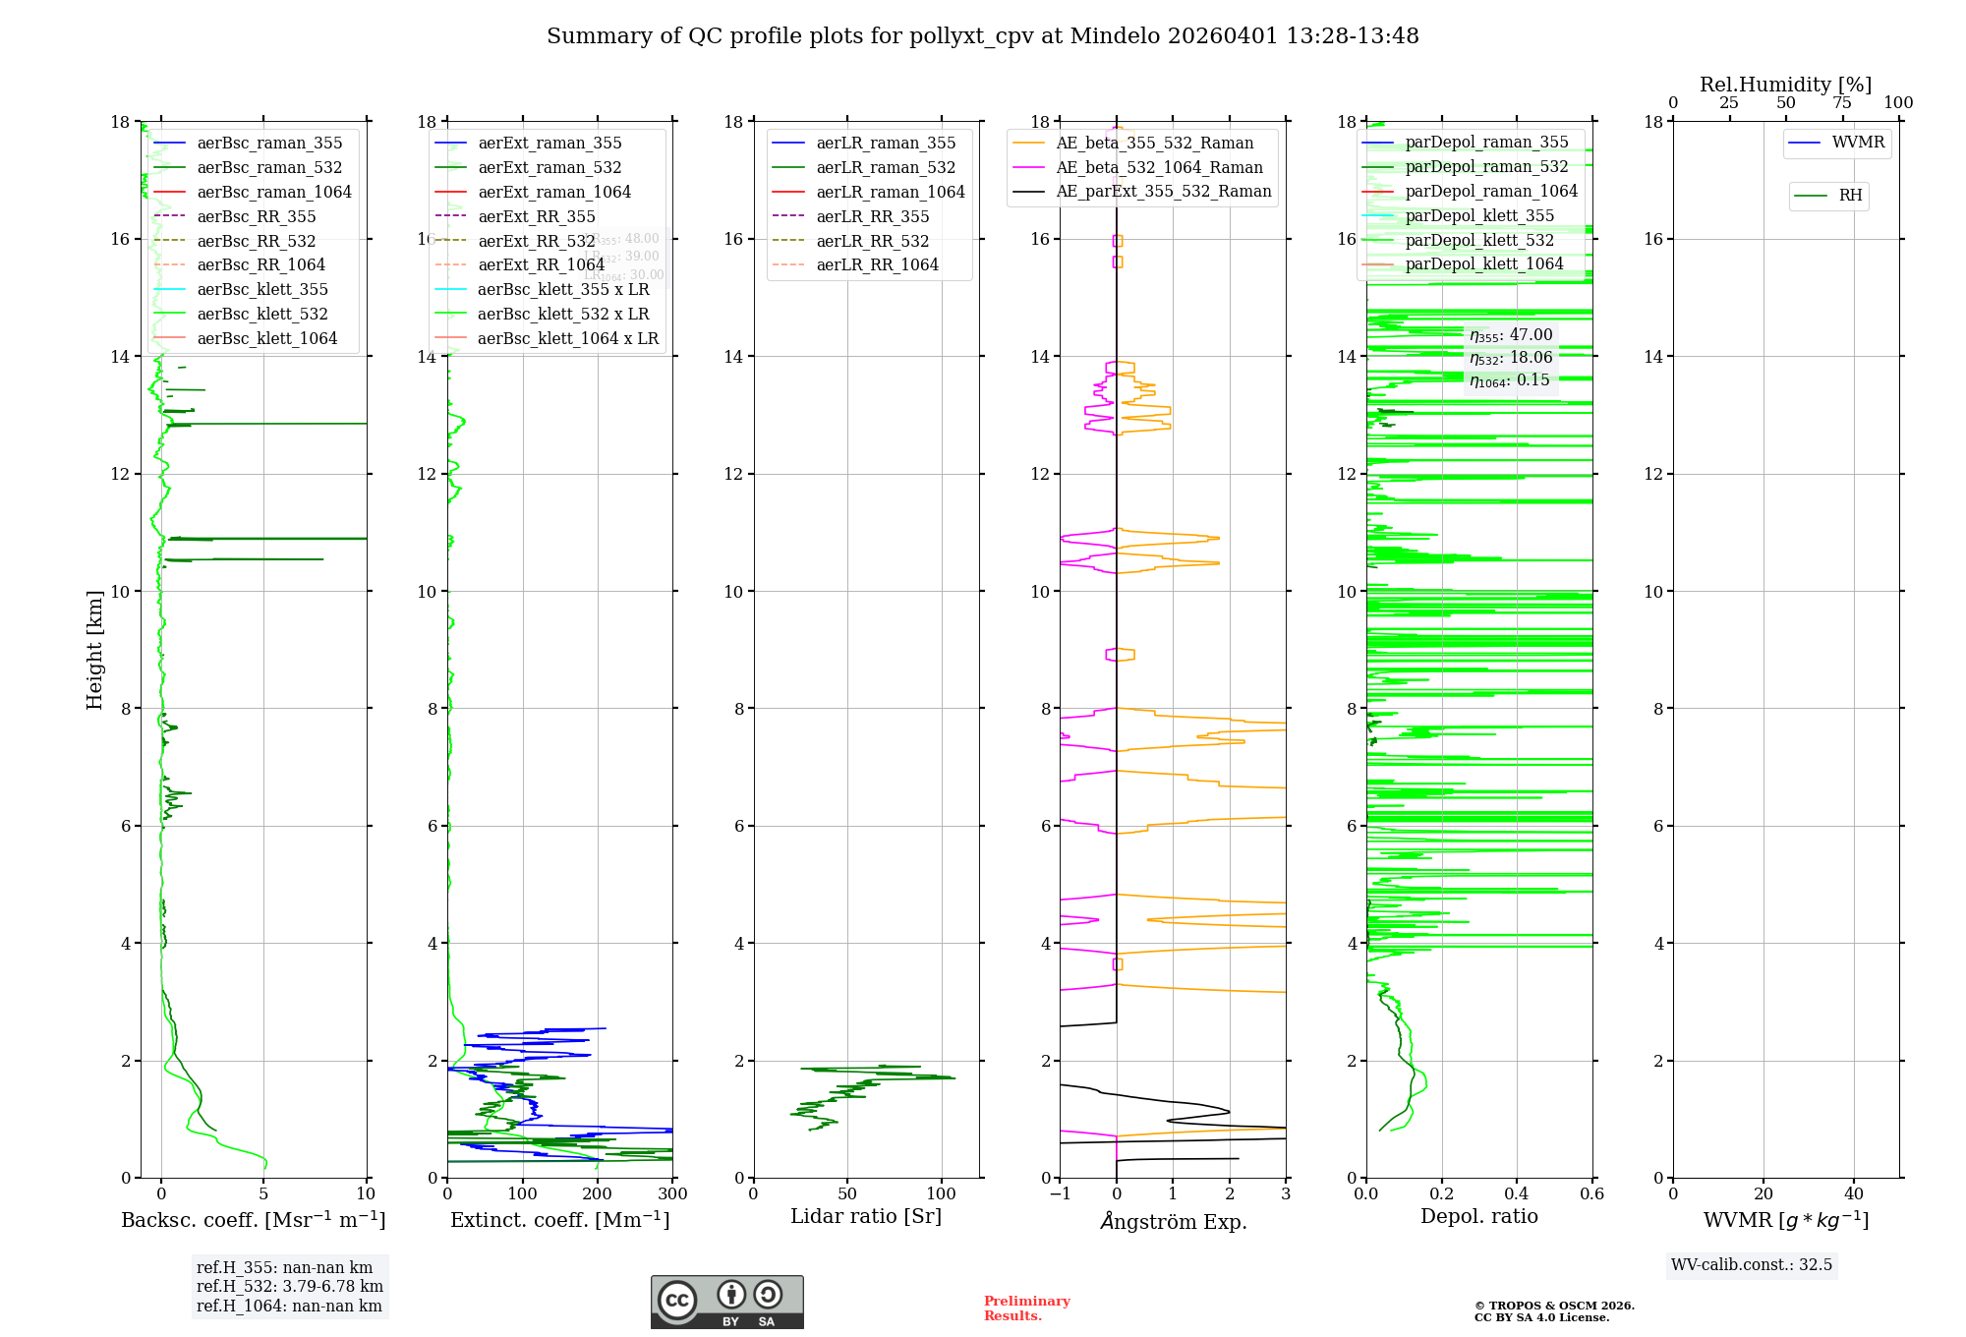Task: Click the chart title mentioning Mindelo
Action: [x=982, y=36]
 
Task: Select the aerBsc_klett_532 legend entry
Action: [x=261, y=315]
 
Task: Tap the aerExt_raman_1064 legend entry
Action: [x=553, y=193]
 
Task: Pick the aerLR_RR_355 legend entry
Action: [x=872, y=217]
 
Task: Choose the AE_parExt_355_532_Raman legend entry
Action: [x=1163, y=192]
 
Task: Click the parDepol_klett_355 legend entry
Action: [x=1478, y=216]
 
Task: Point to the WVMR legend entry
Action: [x=1857, y=143]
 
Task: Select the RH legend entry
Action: [x=1849, y=196]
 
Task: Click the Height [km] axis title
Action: [x=94, y=649]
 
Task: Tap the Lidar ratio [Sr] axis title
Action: [x=865, y=1217]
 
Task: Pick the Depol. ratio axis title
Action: [x=1478, y=1217]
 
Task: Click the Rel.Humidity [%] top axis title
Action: [x=1785, y=85]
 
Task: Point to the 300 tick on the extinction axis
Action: [x=672, y=1194]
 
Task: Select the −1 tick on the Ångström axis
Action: [x=1060, y=1194]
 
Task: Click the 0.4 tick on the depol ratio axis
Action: [x=1517, y=1194]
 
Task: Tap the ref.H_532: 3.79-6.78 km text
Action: [x=289, y=1287]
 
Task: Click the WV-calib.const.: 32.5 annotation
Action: [x=1751, y=1265]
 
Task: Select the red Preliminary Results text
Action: [x=1026, y=1308]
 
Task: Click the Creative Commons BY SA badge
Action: [x=726, y=1303]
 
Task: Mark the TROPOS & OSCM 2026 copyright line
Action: [x=1553, y=1307]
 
